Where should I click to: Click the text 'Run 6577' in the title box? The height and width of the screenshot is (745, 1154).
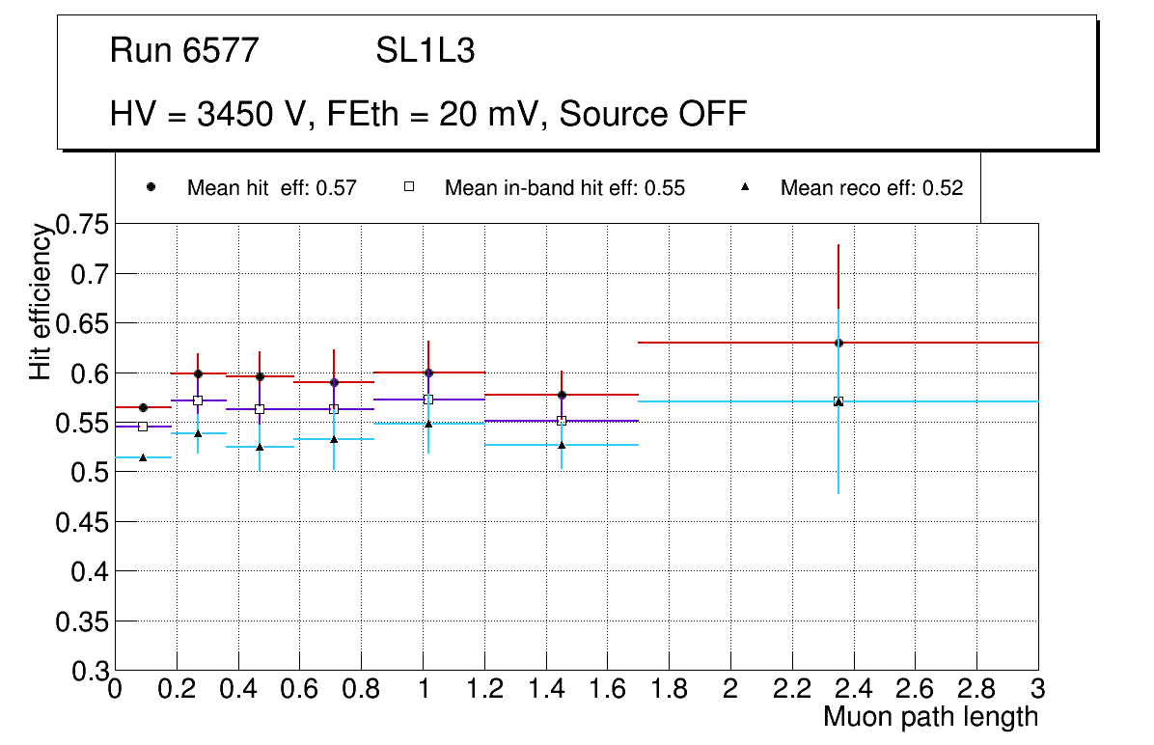click(x=184, y=51)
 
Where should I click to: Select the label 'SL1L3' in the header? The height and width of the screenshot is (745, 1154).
click(x=426, y=51)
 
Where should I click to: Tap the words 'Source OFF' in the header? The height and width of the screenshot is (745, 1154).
click(x=653, y=114)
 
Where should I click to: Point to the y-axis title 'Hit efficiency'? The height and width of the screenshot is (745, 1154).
click(x=41, y=301)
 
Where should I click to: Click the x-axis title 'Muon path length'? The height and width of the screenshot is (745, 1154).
click(x=930, y=717)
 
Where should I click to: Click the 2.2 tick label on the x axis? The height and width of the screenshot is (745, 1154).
click(x=791, y=688)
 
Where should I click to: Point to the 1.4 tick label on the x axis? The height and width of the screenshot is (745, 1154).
click(x=545, y=688)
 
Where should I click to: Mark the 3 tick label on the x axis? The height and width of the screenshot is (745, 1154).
click(x=1038, y=688)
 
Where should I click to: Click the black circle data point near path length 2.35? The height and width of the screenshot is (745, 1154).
click(x=838, y=343)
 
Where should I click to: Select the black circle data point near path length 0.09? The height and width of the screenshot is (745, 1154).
click(x=143, y=407)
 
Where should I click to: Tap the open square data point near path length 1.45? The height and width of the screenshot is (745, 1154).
click(x=562, y=421)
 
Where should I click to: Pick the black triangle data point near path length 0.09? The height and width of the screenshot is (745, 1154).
click(x=143, y=457)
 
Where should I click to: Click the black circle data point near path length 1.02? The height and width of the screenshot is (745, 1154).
click(x=428, y=372)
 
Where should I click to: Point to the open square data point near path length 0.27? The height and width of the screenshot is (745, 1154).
click(x=198, y=400)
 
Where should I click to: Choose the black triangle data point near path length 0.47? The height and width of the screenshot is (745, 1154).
click(x=260, y=447)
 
